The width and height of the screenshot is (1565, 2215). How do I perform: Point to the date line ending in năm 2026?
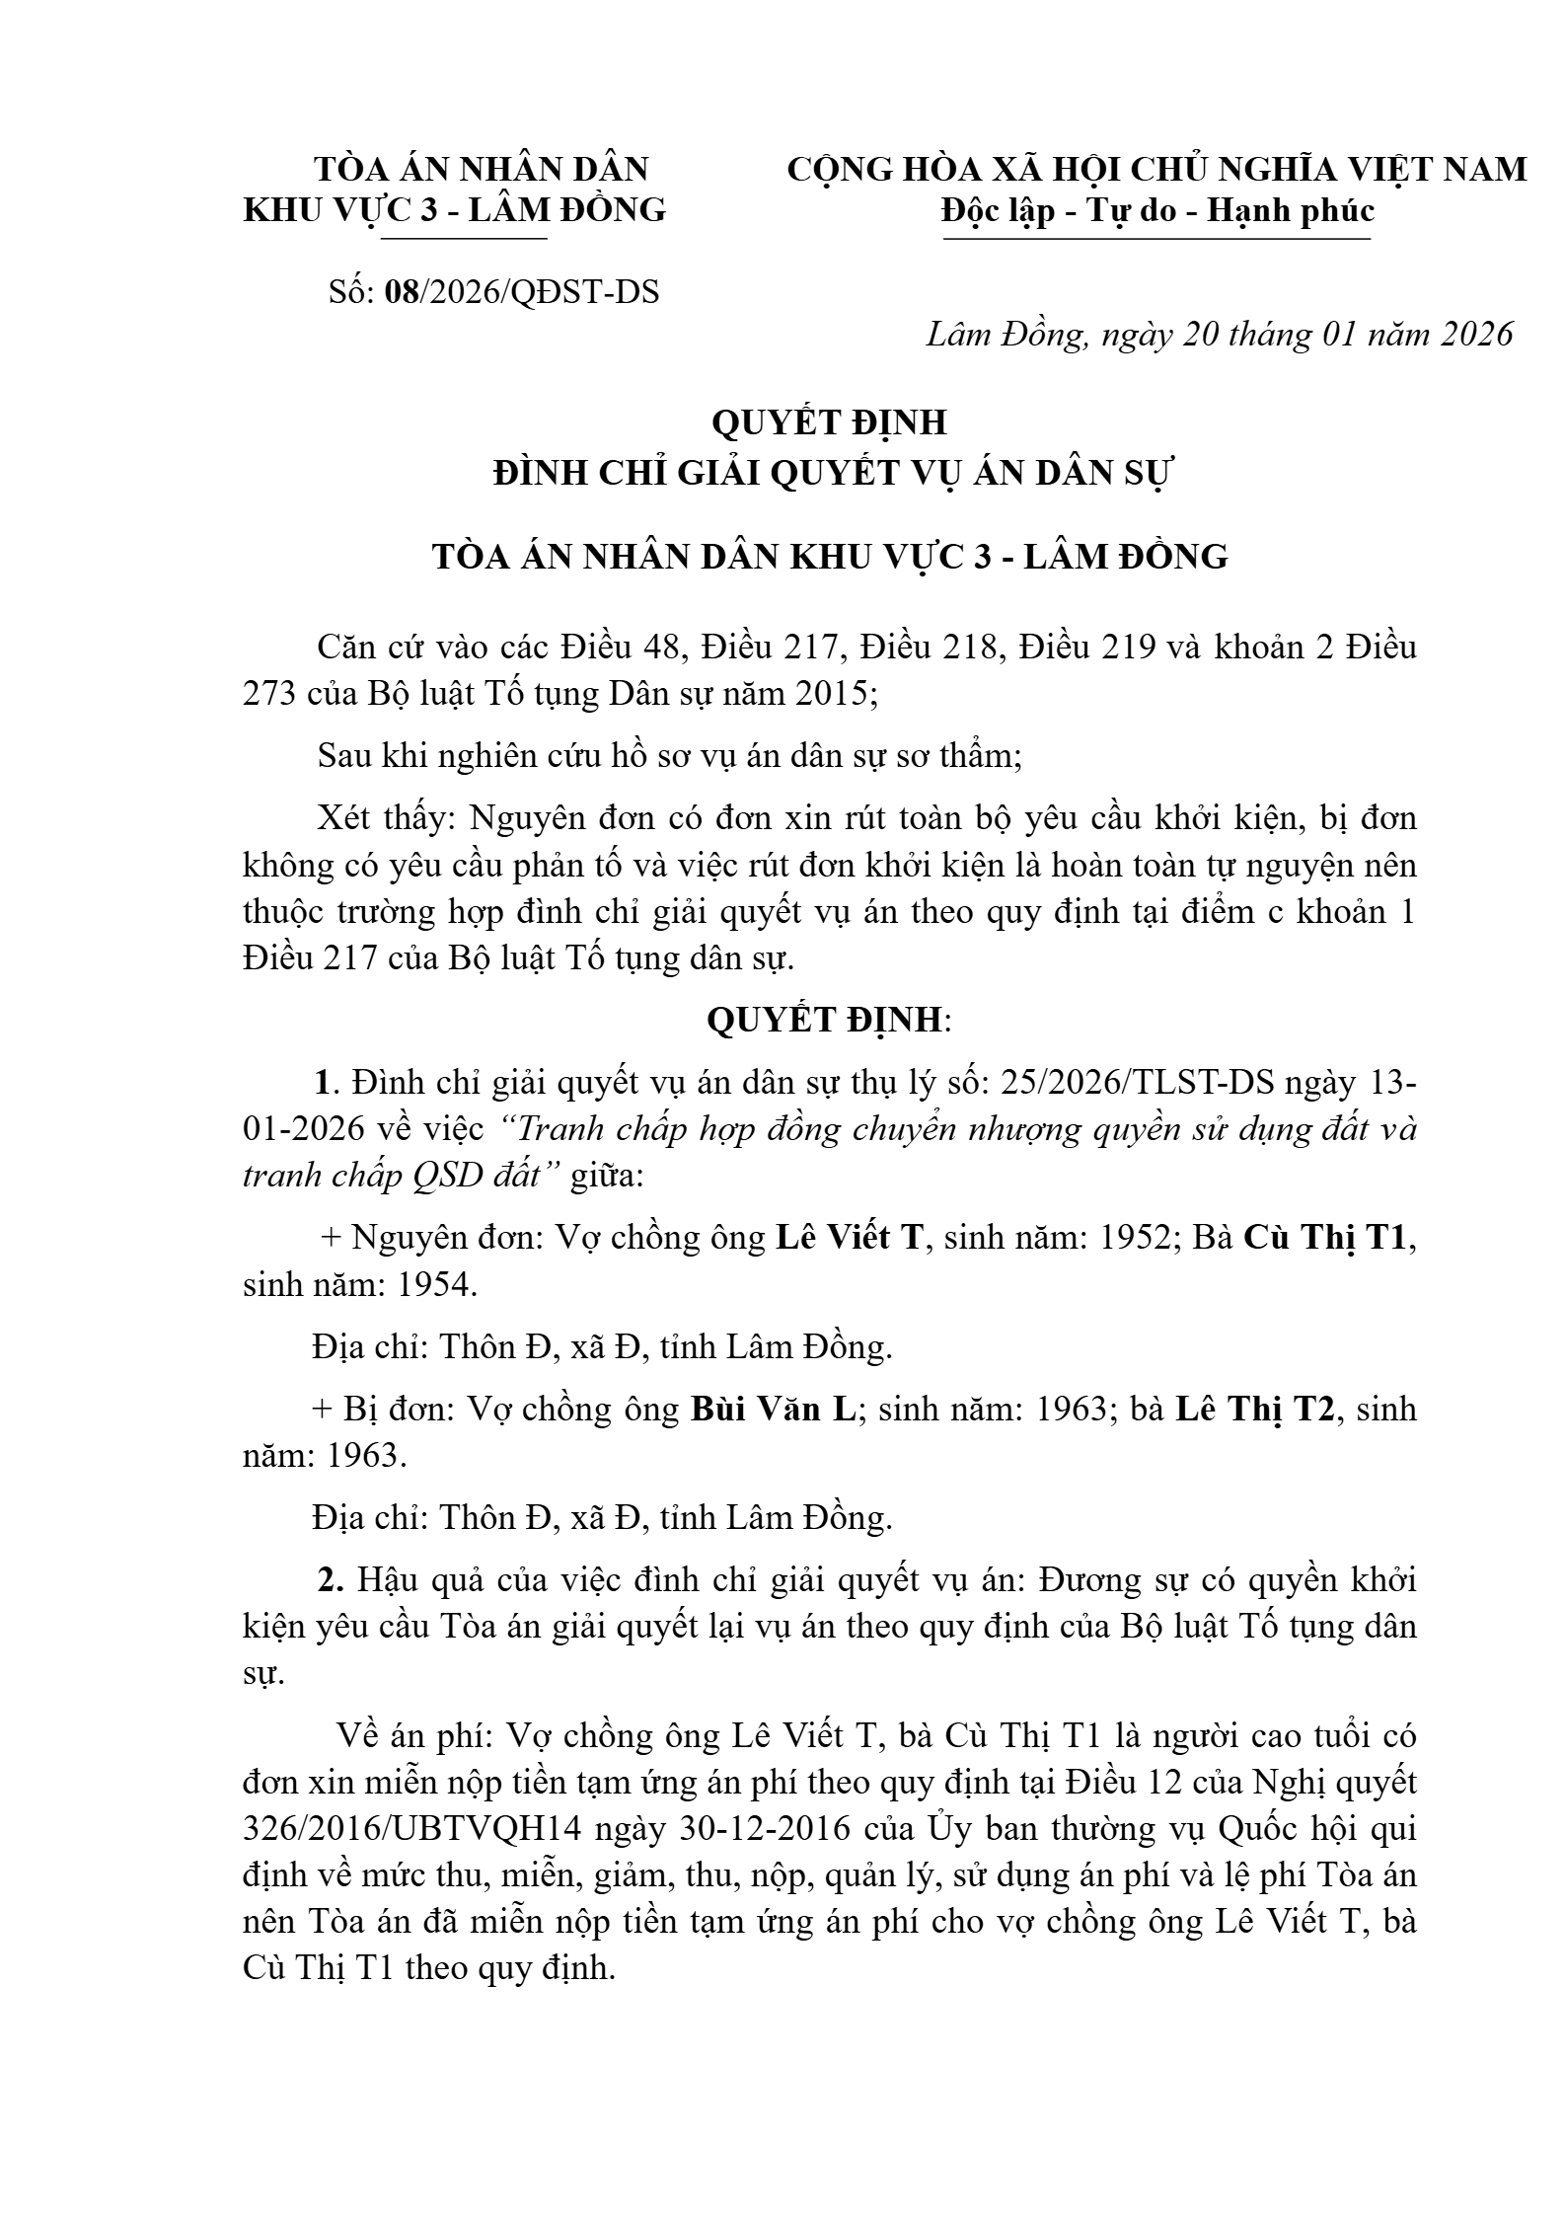coord(1219,335)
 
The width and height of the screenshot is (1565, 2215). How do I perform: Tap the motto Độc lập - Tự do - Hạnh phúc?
coord(1157,210)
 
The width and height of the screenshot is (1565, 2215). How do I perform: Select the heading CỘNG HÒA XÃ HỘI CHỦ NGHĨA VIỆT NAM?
coord(1156,169)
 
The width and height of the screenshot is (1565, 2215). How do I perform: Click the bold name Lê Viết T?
coord(848,1237)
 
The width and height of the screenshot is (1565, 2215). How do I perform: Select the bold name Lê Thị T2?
coord(1253,1409)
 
